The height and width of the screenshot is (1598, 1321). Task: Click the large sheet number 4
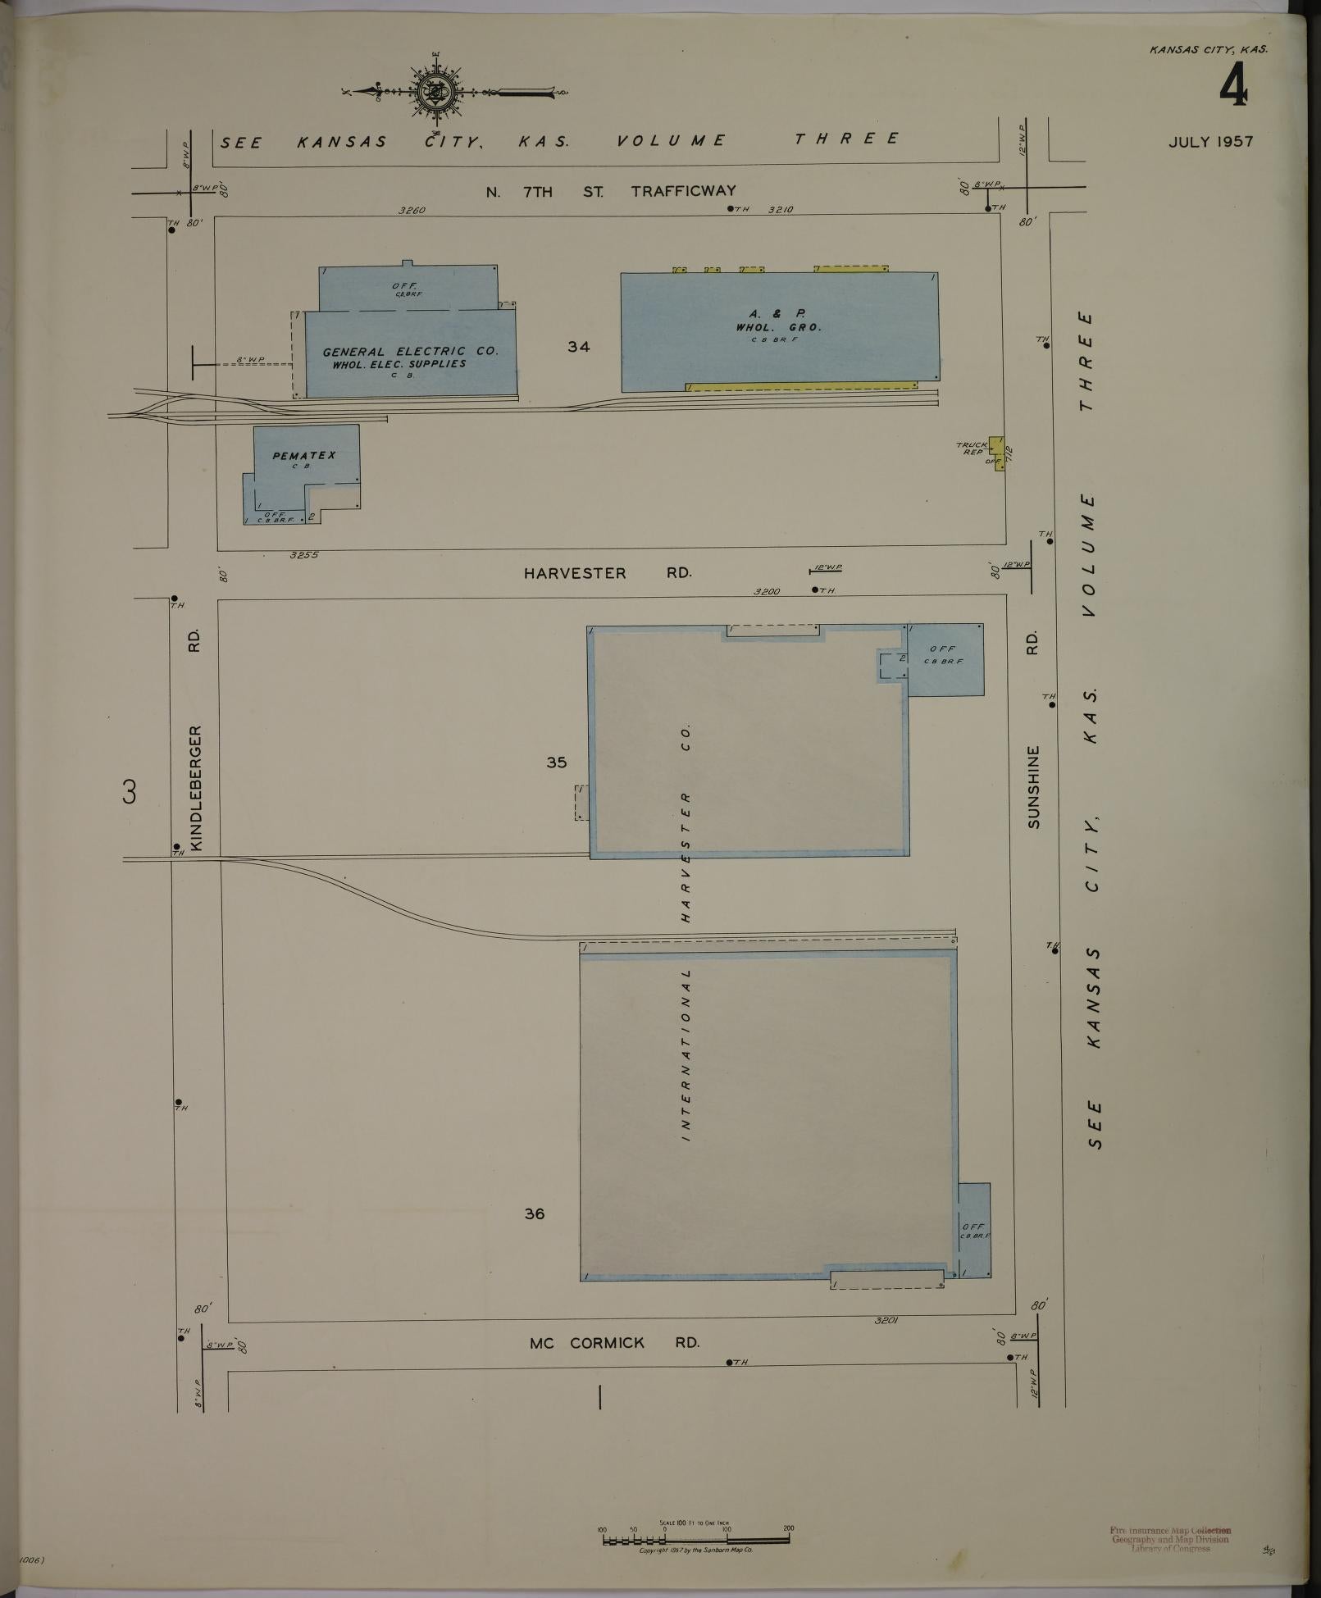pyautogui.click(x=1232, y=85)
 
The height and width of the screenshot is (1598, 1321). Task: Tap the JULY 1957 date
pyautogui.click(x=1210, y=142)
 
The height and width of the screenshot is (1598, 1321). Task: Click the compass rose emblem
pyautogui.click(x=433, y=92)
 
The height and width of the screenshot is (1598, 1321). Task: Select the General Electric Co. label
pyautogui.click(x=409, y=352)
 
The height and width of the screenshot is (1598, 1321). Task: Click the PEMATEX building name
pyautogui.click(x=304, y=456)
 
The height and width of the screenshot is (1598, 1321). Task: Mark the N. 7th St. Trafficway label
pyautogui.click(x=611, y=192)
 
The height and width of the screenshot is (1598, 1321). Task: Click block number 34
pyautogui.click(x=579, y=347)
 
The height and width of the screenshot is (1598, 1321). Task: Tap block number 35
pyautogui.click(x=557, y=763)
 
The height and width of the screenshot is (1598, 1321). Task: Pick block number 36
pyautogui.click(x=535, y=1214)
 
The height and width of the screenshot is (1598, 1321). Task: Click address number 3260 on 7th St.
pyautogui.click(x=412, y=210)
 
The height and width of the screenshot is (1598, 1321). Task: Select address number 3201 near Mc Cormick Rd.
pyautogui.click(x=887, y=1321)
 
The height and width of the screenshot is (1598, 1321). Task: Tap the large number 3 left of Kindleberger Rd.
pyautogui.click(x=129, y=793)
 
